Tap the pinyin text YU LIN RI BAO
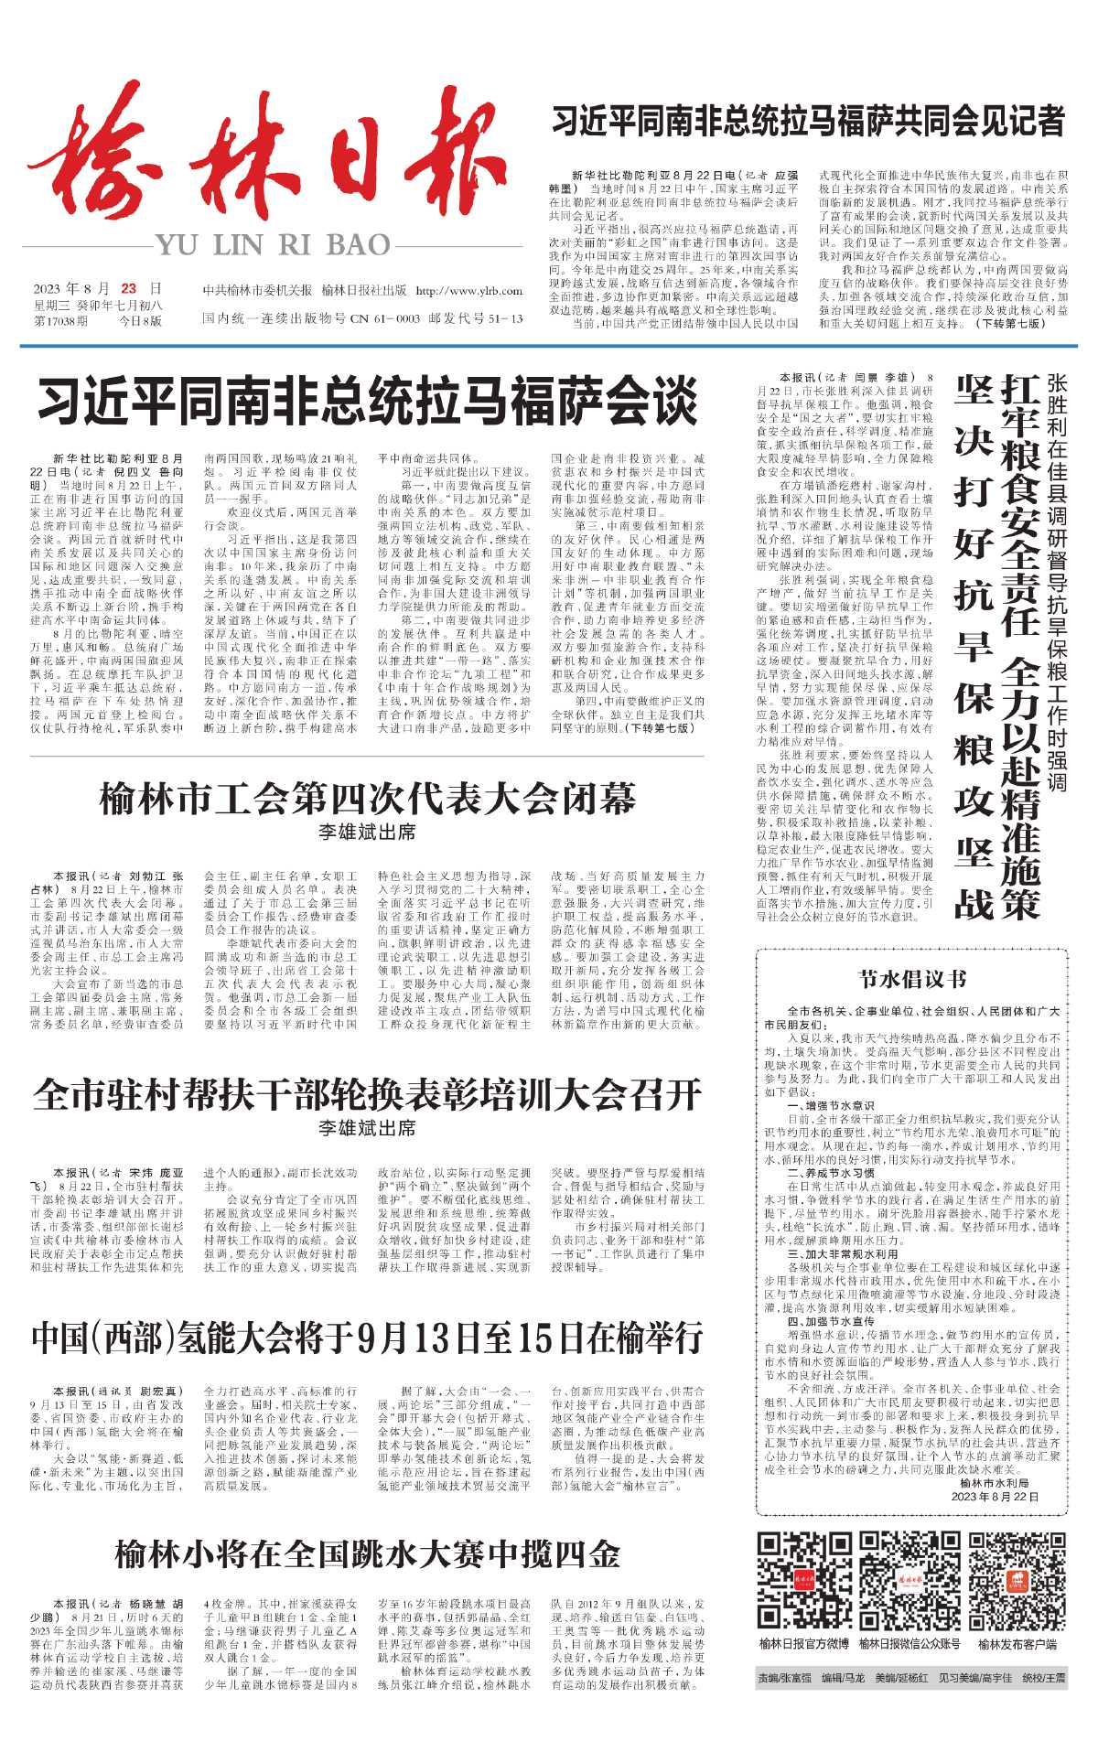coord(272,245)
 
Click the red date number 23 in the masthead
coord(128,288)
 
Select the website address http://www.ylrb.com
coord(468,291)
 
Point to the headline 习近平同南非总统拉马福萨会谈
coord(367,403)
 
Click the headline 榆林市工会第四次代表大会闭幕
coord(367,800)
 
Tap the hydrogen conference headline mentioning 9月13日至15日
coord(367,1338)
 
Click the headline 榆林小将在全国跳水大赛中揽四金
coord(367,1554)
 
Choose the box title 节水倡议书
coord(911,979)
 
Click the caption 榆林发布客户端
coord(1017,1644)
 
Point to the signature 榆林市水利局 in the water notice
coord(995,1483)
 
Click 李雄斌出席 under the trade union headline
coord(367,833)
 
